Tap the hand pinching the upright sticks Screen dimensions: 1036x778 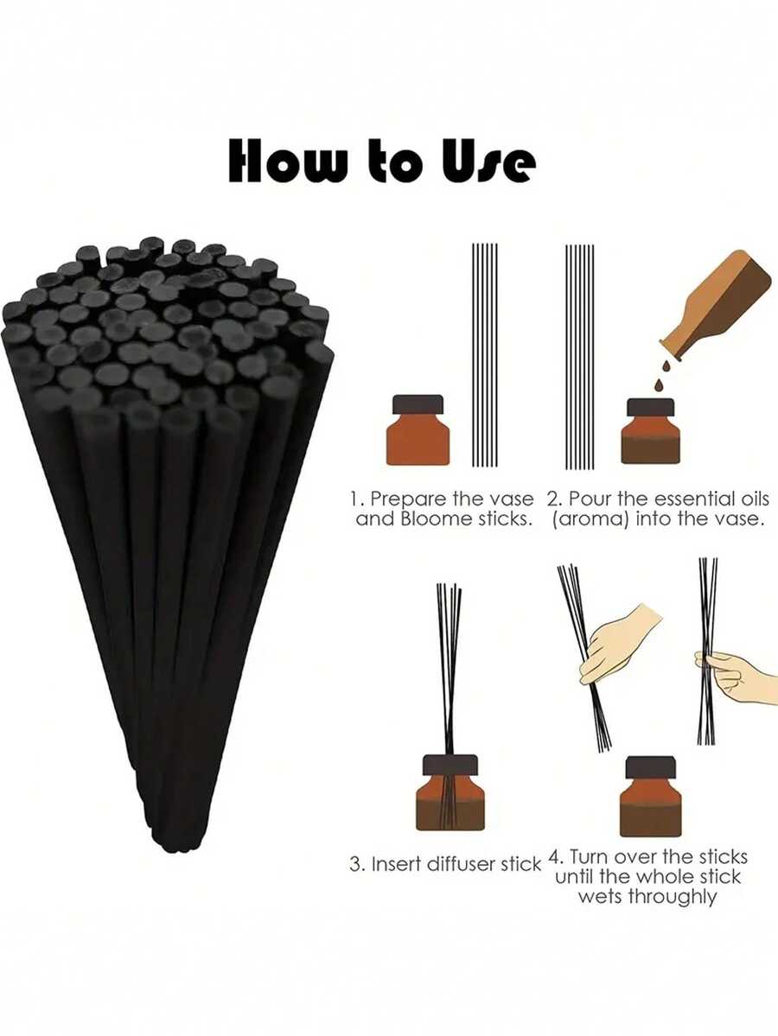pos(740,674)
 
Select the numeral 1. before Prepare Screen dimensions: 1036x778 pos(356,499)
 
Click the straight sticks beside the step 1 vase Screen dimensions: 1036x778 pos(485,354)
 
